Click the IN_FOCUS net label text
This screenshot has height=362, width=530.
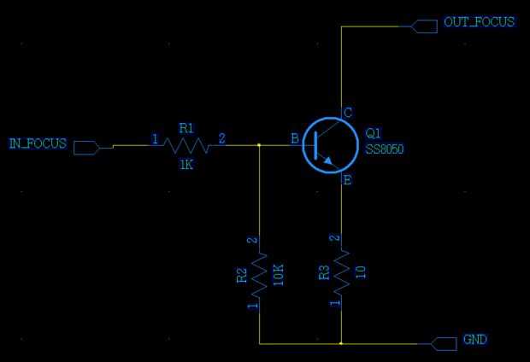[x=38, y=143]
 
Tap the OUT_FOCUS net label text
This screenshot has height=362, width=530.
[x=480, y=22]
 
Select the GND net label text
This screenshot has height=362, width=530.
[x=474, y=340]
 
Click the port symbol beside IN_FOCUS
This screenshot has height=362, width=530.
[x=86, y=148]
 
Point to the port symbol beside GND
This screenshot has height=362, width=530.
[x=445, y=343]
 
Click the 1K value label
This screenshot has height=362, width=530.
[x=186, y=164]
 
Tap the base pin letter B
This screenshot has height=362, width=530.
[x=294, y=138]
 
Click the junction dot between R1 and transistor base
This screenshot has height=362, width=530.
[x=259, y=145]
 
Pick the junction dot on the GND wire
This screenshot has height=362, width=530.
[x=341, y=343]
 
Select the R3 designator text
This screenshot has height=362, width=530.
[x=324, y=273]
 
